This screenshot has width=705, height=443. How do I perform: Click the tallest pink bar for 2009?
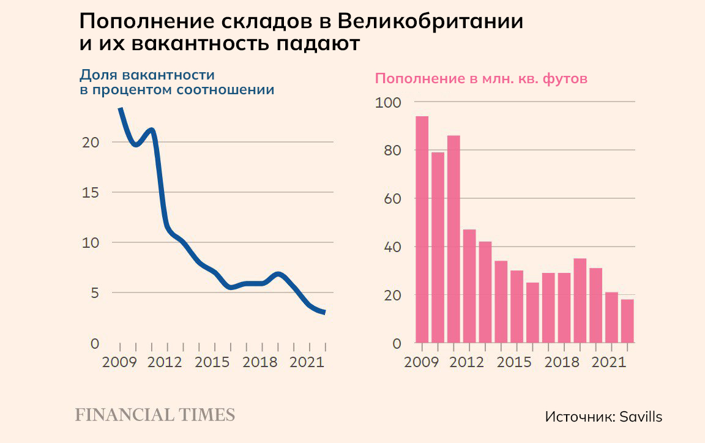(422, 229)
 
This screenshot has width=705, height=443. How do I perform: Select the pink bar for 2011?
(453, 239)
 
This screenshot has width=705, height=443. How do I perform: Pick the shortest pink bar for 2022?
(627, 321)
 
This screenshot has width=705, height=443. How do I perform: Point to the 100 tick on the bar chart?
(387, 102)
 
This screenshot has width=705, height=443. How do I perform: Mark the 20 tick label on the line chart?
(90, 142)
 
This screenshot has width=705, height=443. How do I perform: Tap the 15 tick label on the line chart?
(90, 192)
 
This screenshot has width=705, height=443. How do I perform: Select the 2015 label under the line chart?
(212, 362)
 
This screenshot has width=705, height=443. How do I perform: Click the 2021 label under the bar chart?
(609, 362)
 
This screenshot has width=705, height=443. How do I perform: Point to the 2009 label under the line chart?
(119, 362)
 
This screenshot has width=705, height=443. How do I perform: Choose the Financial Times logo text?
(155, 415)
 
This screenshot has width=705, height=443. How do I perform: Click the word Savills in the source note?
(641, 417)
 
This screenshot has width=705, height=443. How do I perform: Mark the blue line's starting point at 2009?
(120, 109)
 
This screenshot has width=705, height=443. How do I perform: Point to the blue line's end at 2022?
(324, 313)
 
